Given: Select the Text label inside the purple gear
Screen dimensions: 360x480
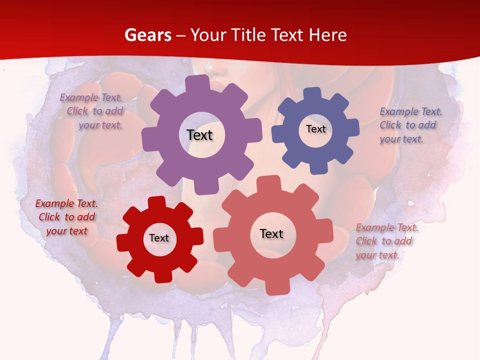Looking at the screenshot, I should point(199,135).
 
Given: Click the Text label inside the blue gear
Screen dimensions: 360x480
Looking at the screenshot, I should point(315,129).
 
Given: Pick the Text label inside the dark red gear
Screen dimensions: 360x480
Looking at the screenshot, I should point(159,238).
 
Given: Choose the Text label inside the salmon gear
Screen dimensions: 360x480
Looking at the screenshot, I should point(271,234).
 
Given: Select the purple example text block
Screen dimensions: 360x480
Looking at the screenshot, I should point(92,111).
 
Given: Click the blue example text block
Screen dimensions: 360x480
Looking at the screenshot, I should point(410,125).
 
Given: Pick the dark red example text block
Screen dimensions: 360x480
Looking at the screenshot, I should point(66,217).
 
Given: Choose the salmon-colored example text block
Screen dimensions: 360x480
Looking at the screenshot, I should point(386,241).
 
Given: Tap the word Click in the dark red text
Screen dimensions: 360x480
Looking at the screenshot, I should point(49,217).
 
